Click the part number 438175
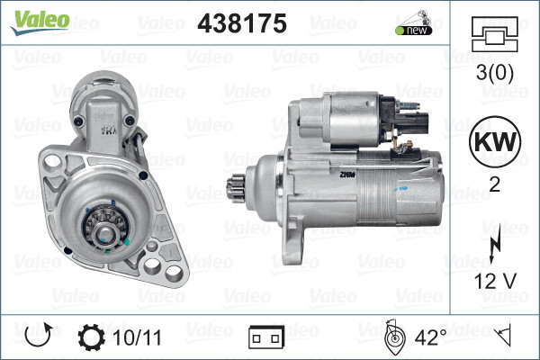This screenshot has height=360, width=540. coord(241,23)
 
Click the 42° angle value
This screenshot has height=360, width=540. coord(430,337)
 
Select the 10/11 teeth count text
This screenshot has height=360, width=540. coord(139,337)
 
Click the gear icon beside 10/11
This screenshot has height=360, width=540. coord(92,337)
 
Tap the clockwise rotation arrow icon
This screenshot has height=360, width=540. coord(38,337)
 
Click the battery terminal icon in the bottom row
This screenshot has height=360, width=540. coord(266,337)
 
